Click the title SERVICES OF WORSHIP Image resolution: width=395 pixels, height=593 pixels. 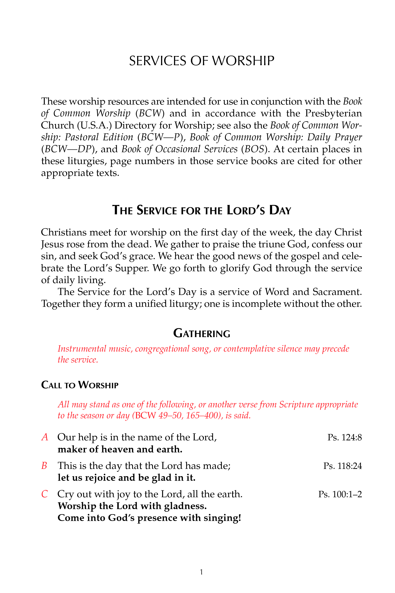(x=201, y=61)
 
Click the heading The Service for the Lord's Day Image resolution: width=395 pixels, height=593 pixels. (x=201, y=210)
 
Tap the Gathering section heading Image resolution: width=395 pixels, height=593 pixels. (x=201, y=334)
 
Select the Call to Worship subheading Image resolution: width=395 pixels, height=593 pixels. (x=80, y=385)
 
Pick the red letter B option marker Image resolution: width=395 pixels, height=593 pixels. (x=44, y=466)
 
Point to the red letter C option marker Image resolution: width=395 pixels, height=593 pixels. (x=45, y=494)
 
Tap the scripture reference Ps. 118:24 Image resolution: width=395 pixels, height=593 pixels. (x=342, y=466)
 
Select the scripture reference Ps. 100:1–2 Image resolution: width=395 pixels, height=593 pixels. (x=340, y=494)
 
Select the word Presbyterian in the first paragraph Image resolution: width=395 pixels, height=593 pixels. (x=333, y=113)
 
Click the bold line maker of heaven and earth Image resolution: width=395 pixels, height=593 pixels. (x=120, y=449)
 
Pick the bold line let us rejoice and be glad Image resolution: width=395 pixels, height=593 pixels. (x=126, y=477)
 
